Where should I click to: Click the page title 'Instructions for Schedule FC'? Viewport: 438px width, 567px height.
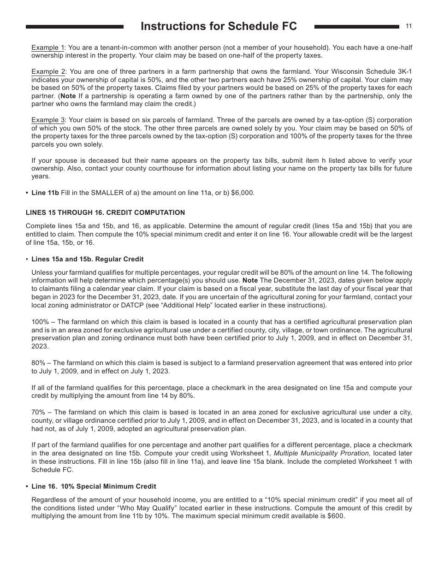(x=219, y=27)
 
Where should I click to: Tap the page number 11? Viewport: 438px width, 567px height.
(x=408, y=26)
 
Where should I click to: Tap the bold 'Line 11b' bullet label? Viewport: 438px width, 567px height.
(x=45, y=193)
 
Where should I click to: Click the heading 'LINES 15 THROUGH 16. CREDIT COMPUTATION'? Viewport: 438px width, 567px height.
(x=105, y=213)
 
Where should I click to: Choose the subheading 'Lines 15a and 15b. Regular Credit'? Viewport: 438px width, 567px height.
(x=88, y=259)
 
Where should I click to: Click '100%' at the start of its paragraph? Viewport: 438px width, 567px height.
(x=40, y=322)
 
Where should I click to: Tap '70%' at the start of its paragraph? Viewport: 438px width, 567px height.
(x=38, y=412)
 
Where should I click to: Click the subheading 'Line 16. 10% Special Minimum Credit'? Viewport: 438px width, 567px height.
(x=94, y=486)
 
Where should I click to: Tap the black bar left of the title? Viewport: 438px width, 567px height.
(x=75, y=27)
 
